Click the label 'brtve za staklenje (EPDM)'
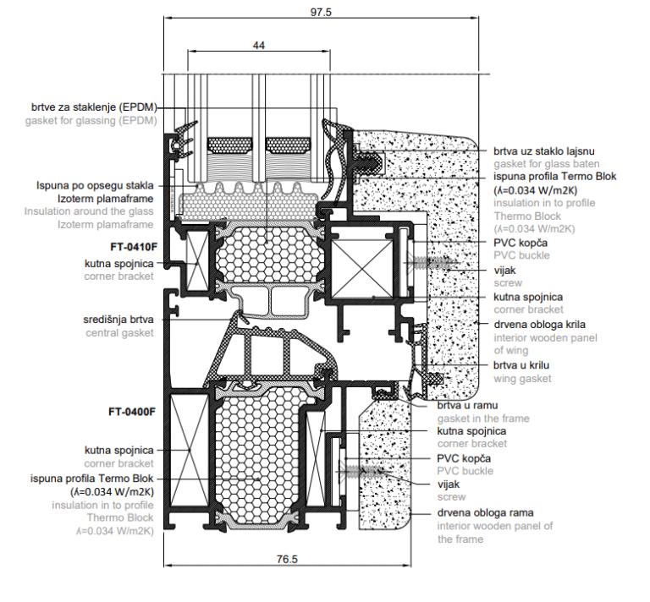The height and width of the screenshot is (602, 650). click(x=92, y=107)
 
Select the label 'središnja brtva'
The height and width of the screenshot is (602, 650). click(x=118, y=320)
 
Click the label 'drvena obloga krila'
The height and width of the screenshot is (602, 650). click(x=540, y=324)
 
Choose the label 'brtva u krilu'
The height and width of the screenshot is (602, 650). click(x=524, y=365)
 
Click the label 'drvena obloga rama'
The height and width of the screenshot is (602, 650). click(x=485, y=512)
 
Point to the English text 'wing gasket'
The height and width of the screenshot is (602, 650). click(x=522, y=378)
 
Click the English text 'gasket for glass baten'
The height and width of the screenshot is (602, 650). click(x=547, y=163)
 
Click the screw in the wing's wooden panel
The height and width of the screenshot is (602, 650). click(x=417, y=263)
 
